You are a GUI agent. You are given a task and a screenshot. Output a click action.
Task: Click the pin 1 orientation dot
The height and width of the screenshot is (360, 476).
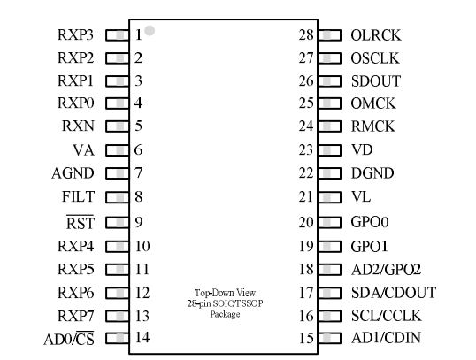click(150, 31)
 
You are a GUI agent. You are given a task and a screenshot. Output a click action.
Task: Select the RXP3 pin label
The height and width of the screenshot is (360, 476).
click(75, 34)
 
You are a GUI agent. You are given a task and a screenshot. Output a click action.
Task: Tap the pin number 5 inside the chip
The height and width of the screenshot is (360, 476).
click(138, 126)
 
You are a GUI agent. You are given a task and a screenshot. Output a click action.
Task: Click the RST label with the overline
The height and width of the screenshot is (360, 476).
click(81, 222)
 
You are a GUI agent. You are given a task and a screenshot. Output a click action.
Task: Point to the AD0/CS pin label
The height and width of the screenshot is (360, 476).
click(69, 339)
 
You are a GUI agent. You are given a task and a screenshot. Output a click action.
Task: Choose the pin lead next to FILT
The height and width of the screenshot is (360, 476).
click(117, 197)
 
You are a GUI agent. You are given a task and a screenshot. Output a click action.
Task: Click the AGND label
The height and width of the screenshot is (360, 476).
click(73, 173)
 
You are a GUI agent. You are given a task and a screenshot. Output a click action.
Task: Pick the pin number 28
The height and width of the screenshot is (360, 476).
click(306, 34)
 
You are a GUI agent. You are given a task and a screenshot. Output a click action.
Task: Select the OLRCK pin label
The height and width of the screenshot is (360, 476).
click(376, 35)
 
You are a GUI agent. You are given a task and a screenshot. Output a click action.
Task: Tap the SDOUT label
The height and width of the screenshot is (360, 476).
click(376, 81)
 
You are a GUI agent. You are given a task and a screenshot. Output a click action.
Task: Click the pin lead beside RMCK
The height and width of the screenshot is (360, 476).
click(329, 126)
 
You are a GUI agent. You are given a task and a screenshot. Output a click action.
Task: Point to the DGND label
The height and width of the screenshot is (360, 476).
click(372, 173)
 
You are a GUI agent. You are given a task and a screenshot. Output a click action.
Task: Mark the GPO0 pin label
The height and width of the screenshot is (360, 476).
click(370, 222)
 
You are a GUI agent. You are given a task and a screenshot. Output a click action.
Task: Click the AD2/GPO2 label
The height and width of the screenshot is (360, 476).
click(386, 270)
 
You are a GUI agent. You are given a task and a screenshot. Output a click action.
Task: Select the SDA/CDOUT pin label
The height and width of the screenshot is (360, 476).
click(394, 293)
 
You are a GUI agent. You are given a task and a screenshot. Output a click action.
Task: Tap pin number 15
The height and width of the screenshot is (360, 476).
click(306, 338)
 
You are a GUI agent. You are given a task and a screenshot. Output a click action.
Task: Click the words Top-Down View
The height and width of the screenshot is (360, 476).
click(225, 293)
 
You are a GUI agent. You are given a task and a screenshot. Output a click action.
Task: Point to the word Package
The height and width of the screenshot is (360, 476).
click(225, 314)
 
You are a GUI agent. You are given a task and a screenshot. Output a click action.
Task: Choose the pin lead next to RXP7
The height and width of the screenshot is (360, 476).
click(117, 317)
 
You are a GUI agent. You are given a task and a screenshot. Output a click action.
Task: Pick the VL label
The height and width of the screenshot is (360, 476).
click(361, 196)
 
